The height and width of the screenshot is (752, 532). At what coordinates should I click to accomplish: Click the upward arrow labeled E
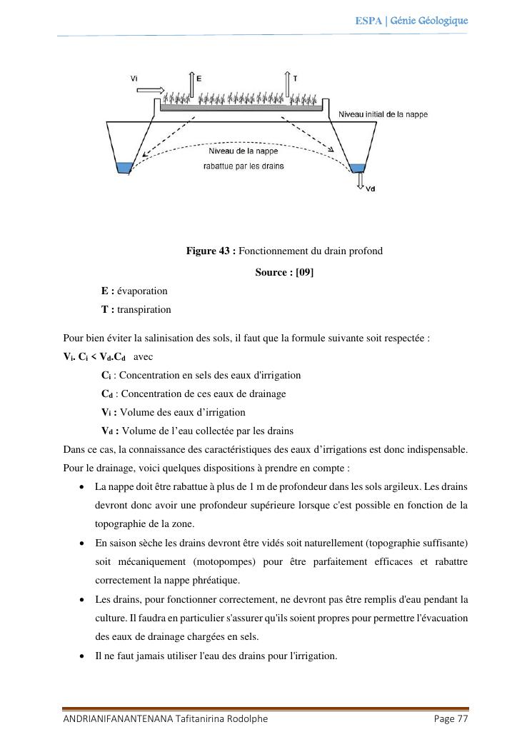pos(191,85)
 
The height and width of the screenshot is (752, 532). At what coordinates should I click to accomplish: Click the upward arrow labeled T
pos(287,84)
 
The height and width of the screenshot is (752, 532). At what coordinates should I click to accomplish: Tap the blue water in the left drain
pos(124,167)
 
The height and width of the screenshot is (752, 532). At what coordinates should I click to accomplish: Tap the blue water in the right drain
pos(358,168)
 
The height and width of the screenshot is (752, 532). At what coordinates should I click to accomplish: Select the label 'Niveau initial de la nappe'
pos(383,114)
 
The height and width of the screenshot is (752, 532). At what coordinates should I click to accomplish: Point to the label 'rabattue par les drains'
pos(242,166)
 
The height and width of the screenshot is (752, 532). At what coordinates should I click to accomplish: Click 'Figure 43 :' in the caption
pos(211,251)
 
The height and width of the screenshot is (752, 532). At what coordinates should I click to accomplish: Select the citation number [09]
pos(304,272)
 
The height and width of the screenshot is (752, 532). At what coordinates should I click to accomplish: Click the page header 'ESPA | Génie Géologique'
pos(411,21)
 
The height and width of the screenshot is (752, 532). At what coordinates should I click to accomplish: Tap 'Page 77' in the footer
pos(451,719)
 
